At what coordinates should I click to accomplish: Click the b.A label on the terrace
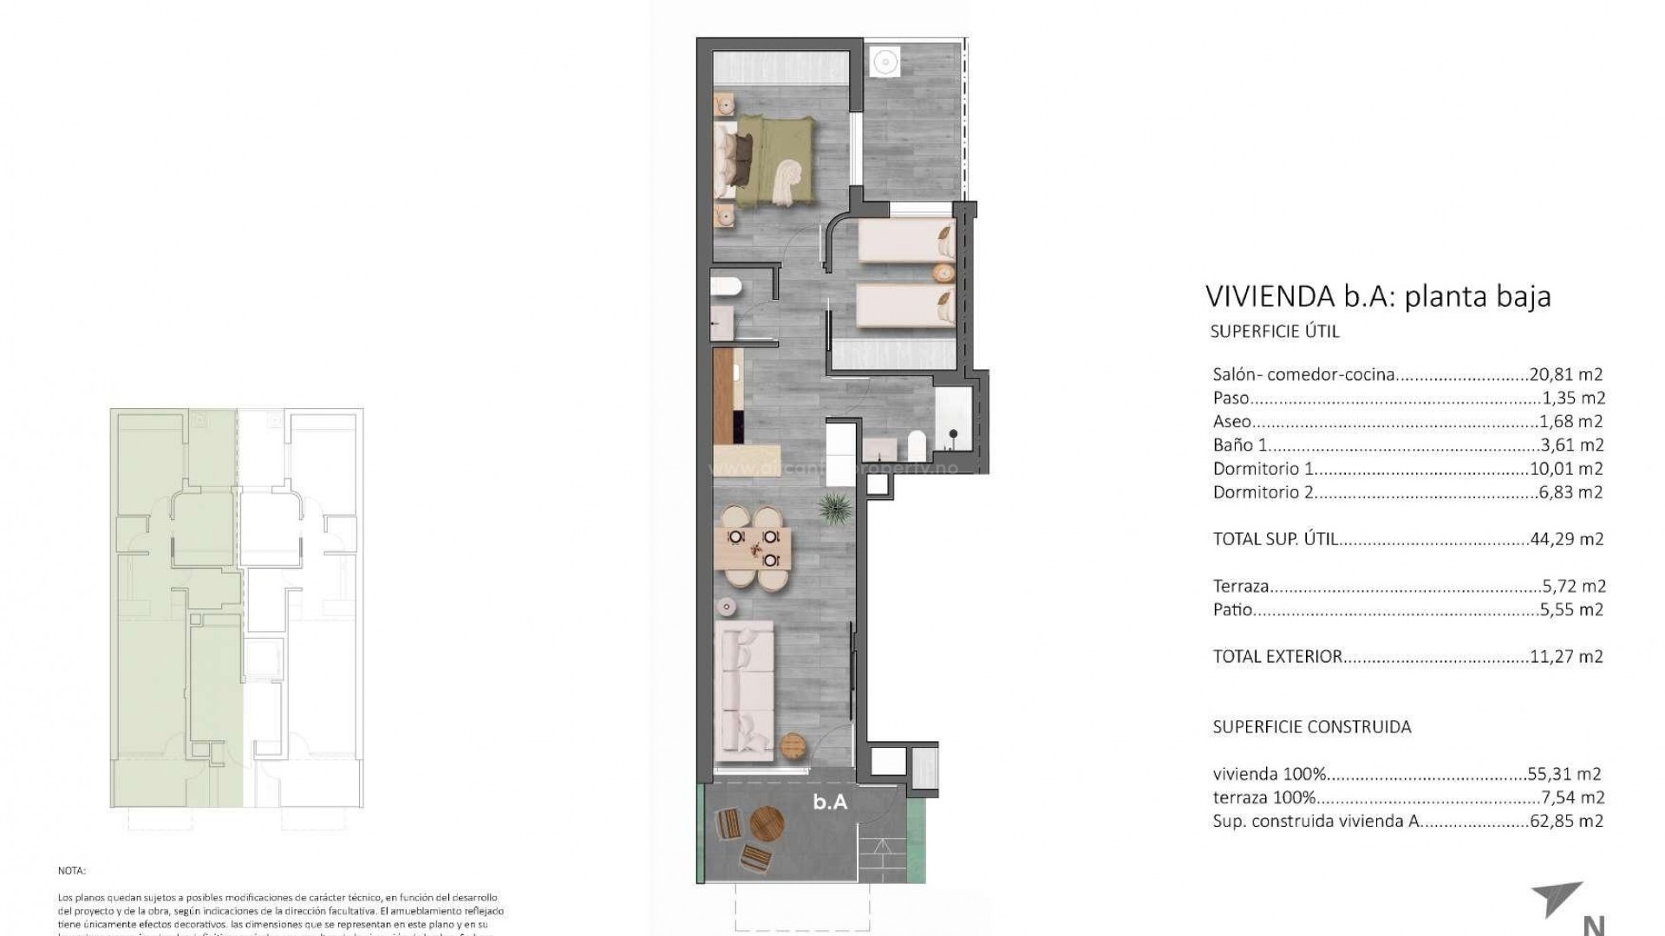point(829,803)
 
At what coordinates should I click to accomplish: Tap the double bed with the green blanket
point(772,163)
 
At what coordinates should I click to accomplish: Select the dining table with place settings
point(754,549)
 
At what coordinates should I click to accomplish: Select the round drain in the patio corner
point(885,62)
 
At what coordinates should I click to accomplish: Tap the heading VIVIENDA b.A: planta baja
point(1377,296)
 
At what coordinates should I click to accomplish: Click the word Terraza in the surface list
point(1241,586)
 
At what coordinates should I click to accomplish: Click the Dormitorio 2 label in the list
point(1263,492)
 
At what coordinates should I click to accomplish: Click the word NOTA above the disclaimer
point(72,871)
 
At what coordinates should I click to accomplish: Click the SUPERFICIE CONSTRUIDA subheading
point(1311,727)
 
